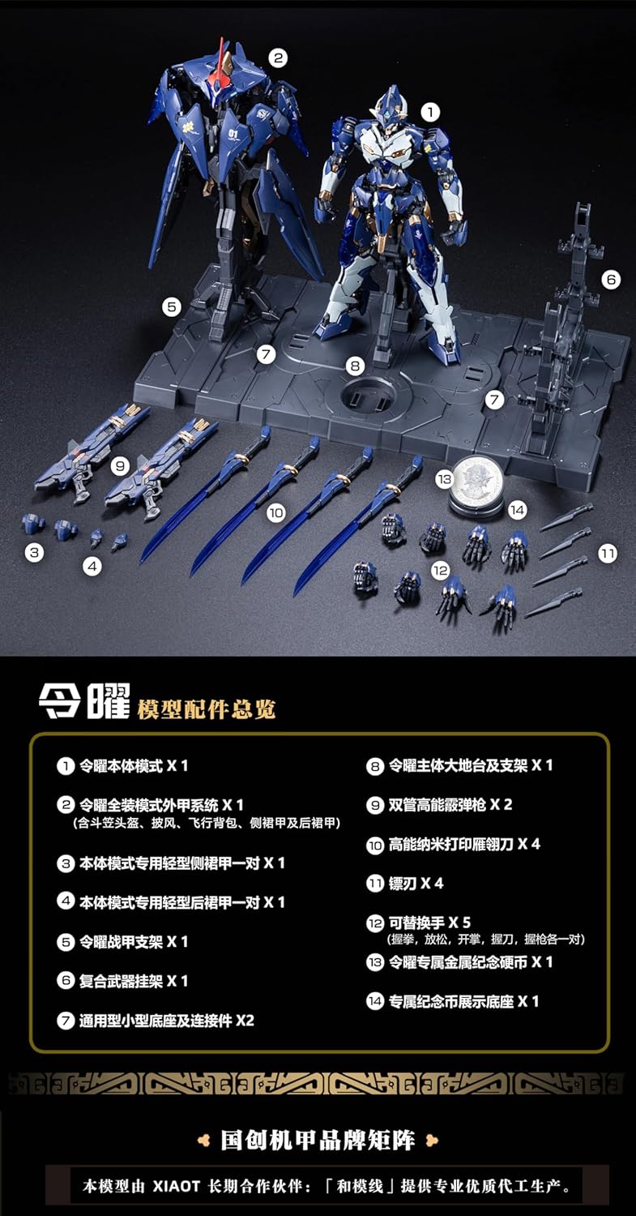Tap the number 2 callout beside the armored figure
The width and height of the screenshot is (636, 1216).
click(x=278, y=58)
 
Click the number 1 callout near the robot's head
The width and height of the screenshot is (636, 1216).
click(x=430, y=113)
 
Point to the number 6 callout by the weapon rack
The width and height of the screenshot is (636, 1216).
click(x=611, y=280)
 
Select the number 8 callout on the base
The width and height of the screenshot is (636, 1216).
click(x=355, y=366)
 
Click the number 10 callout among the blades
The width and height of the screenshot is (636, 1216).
click(x=276, y=512)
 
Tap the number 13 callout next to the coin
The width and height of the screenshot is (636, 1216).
click(x=444, y=479)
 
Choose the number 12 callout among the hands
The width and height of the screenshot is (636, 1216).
click(x=440, y=570)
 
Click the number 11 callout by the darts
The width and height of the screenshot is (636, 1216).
click(x=608, y=554)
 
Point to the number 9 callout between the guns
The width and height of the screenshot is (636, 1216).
click(x=120, y=466)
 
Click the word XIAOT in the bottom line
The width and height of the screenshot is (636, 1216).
click(x=177, y=1186)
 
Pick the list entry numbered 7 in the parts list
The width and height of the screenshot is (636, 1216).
click(x=156, y=1021)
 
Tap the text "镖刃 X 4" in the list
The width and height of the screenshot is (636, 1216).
click(x=416, y=884)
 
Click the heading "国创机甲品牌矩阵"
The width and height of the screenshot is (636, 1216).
click(x=318, y=1141)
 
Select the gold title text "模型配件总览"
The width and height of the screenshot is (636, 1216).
click(x=207, y=709)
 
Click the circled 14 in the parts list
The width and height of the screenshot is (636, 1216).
click(x=375, y=1001)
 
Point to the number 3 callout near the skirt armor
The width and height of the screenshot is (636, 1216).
click(x=34, y=553)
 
